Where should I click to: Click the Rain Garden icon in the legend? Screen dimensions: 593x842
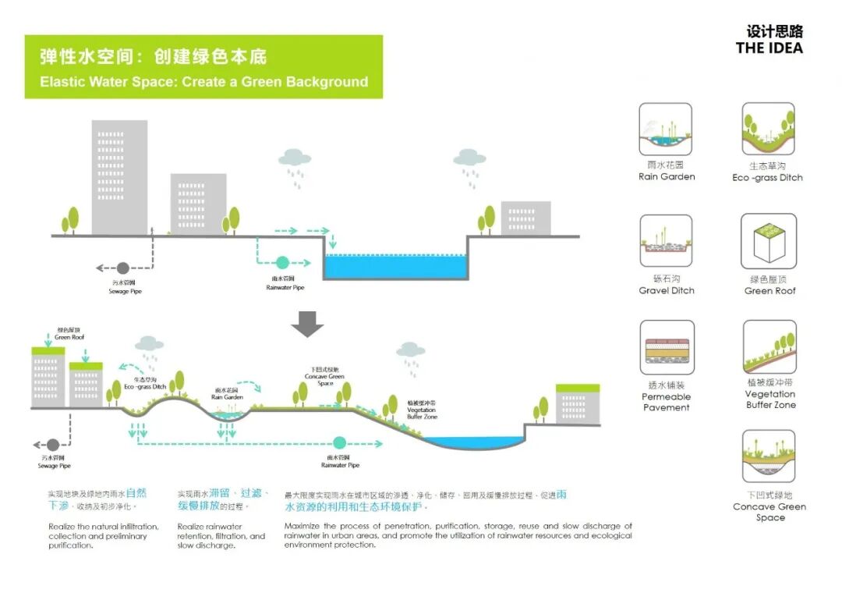(666, 129)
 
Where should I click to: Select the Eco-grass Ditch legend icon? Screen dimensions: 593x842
(769, 129)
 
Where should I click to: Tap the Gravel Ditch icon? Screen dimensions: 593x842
(666, 241)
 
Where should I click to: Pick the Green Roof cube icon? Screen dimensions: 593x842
(769, 241)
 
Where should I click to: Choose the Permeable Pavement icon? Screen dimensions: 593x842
(666, 347)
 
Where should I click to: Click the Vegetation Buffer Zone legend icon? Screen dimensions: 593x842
(769, 347)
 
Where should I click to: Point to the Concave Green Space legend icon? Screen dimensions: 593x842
(769, 456)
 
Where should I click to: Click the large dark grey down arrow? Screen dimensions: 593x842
(308, 323)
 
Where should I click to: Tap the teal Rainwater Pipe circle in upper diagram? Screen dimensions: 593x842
(282, 263)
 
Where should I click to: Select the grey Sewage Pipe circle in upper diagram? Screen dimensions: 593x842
(123, 268)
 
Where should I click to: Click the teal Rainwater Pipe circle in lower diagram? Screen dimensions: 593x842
(340, 442)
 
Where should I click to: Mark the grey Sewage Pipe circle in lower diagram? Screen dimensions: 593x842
(53, 444)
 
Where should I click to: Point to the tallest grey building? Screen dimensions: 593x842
(119, 176)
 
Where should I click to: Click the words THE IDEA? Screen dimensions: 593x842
(768, 48)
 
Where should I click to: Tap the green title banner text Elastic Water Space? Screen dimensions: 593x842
(203, 81)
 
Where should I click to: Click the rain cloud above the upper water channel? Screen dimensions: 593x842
(295, 158)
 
